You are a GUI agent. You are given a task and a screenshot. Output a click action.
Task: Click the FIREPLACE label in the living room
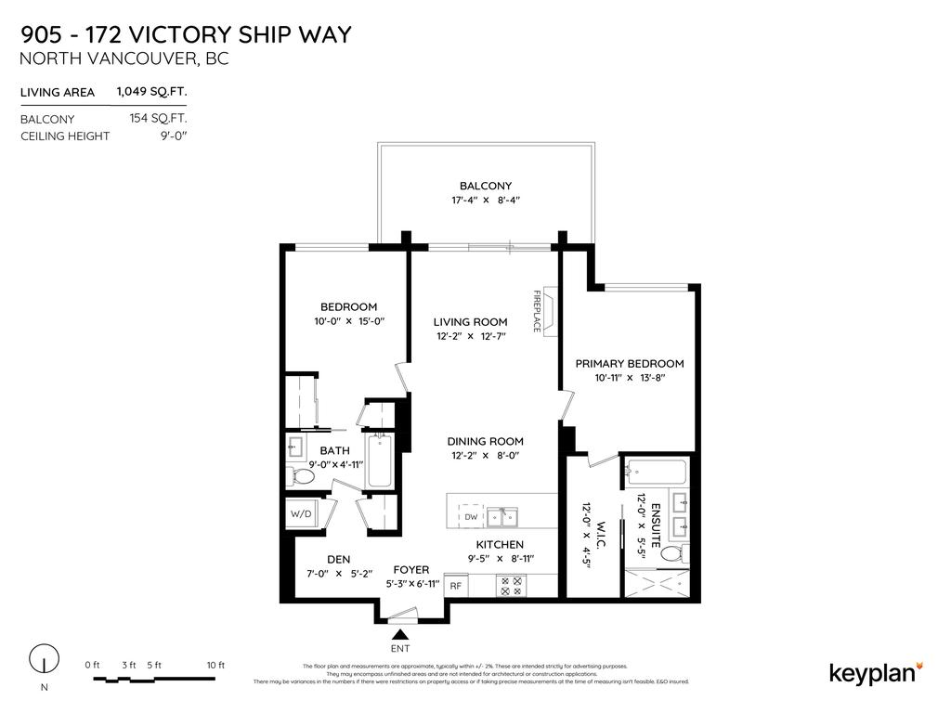coord(537,311)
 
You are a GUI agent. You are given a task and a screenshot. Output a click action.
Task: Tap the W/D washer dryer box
coord(302,513)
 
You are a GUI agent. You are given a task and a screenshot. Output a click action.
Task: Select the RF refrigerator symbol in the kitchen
coord(456,586)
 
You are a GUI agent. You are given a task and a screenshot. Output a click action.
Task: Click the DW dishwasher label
coord(471,516)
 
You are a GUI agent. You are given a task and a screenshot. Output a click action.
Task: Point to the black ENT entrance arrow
coord(400,633)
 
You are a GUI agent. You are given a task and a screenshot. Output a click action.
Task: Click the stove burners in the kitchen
coord(512,586)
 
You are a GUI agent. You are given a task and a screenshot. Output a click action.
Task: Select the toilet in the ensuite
coord(671,554)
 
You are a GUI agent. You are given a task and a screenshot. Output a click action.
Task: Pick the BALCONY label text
coord(486,186)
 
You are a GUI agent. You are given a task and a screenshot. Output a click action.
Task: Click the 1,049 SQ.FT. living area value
coord(151,92)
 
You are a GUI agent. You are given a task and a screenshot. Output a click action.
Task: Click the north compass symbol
coord(43,660)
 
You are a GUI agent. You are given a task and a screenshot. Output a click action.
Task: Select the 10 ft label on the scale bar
coord(215,665)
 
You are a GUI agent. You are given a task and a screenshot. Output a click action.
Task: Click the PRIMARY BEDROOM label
coord(629,363)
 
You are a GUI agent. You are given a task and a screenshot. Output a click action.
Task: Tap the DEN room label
coord(337,559)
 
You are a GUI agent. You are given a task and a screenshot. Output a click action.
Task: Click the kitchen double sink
coord(504,516)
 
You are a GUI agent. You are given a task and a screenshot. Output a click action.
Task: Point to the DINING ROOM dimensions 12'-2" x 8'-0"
coord(485,456)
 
